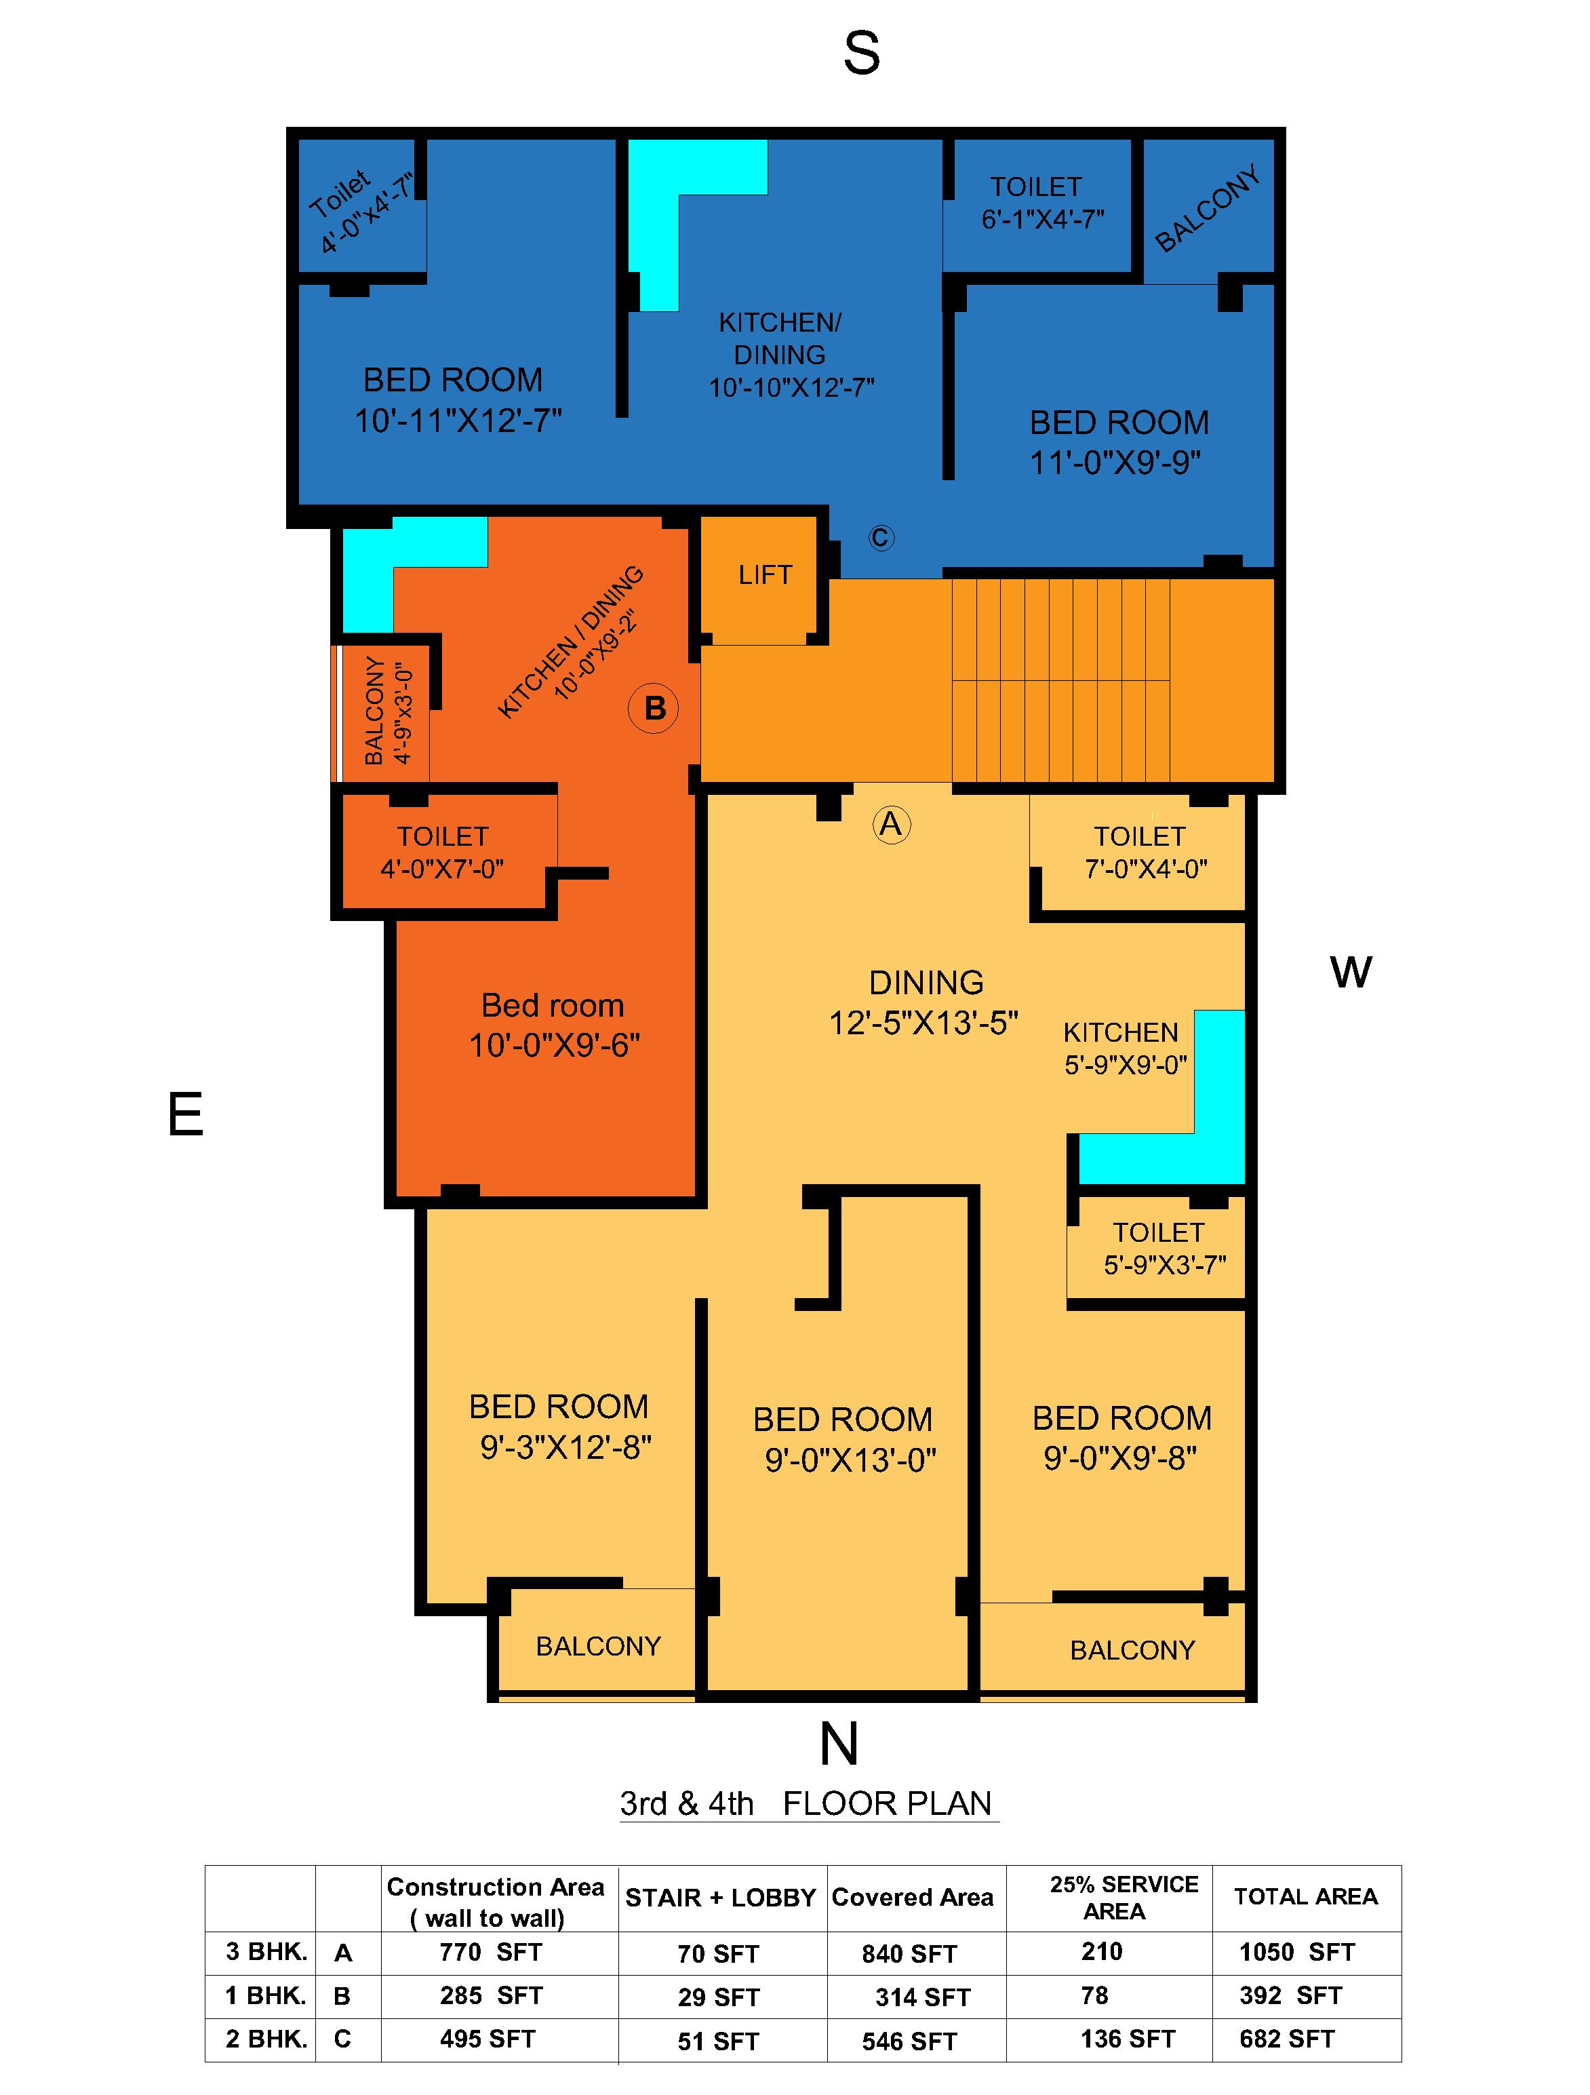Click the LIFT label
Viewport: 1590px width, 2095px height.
click(x=764, y=575)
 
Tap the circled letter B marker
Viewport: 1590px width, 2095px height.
click(x=654, y=709)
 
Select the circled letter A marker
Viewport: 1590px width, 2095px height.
click(x=891, y=824)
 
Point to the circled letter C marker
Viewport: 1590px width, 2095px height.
click(x=881, y=538)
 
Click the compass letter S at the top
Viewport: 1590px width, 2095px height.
click(x=861, y=54)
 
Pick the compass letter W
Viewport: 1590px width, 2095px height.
click(x=1351, y=973)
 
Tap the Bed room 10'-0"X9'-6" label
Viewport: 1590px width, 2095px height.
click(x=554, y=1025)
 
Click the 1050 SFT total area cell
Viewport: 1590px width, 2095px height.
click(x=1296, y=1952)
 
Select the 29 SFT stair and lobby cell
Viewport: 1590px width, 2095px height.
click(x=719, y=1997)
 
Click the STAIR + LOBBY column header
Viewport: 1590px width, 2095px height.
click(x=719, y=1898)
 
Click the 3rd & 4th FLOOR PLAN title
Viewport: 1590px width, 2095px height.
click(x=807, y=1803)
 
